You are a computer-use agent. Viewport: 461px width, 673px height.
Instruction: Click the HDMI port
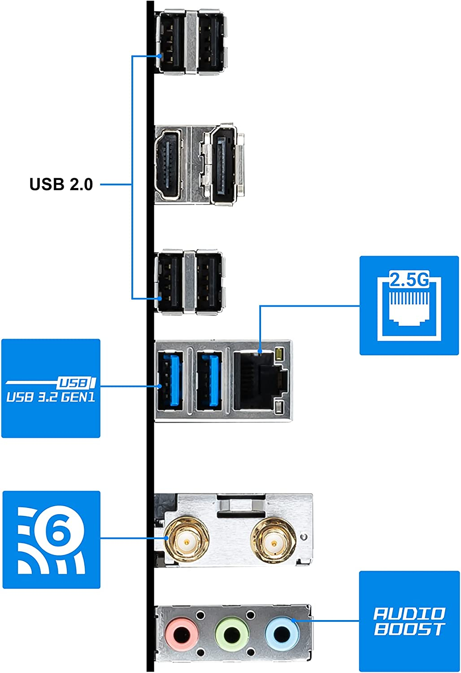point(168,166)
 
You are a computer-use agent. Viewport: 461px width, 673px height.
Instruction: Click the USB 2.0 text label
point(61,184)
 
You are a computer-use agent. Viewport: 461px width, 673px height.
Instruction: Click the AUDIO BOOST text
point(409,621)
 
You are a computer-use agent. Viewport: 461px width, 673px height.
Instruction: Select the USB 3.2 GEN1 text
point(51,397)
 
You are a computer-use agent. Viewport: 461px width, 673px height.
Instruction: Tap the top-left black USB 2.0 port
point(171,41)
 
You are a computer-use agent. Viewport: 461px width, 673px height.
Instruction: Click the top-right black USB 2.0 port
point(209,41)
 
